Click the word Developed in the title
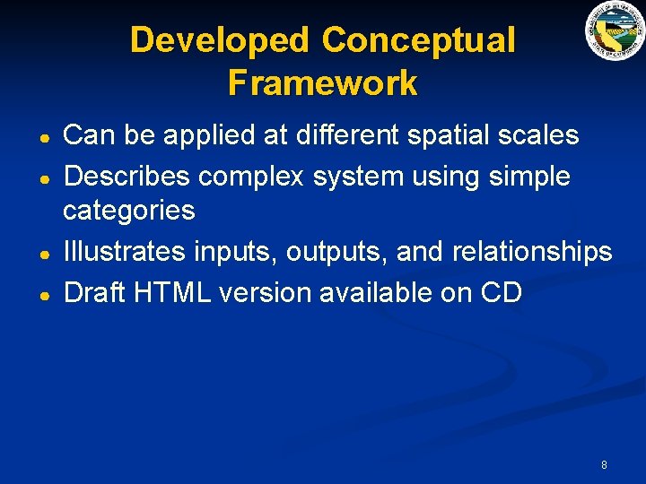[221, 41]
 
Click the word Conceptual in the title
[418, 41]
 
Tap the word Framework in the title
[323, 82]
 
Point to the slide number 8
[604, 464]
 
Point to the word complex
[252, 177]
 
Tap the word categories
[129, 212]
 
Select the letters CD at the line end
[501, 292]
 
